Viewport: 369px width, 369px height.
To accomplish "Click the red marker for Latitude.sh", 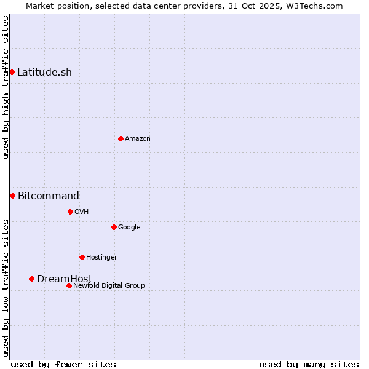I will point(12,73).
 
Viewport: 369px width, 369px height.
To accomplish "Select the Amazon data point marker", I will point(121,138).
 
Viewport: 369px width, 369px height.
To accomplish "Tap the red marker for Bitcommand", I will point(12,196).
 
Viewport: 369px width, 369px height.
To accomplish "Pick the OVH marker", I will point(70,212).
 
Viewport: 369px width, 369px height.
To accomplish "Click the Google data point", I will point(114,227).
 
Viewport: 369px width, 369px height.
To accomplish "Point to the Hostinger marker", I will point(82,257).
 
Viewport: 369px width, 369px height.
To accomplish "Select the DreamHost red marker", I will point(31,279).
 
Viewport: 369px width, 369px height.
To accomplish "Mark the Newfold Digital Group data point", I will point(69,285).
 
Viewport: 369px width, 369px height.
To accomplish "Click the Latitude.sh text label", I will point(44,73).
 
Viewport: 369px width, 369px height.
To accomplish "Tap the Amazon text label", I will point(138,139).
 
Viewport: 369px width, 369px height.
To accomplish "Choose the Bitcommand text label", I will point(49,196).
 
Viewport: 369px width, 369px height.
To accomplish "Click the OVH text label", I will point(82,212).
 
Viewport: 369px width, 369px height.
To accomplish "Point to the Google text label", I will point(129,228).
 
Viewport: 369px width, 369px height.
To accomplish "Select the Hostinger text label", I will point(101,258).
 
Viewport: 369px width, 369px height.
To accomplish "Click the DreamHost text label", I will point(65,279).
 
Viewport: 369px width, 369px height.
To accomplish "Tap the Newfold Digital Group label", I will point(109,286).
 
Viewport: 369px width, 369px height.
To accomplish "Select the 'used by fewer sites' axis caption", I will point(63,364).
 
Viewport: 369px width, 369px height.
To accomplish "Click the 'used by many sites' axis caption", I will point(309,364).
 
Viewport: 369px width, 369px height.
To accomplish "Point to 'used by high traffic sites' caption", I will point(6,87).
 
